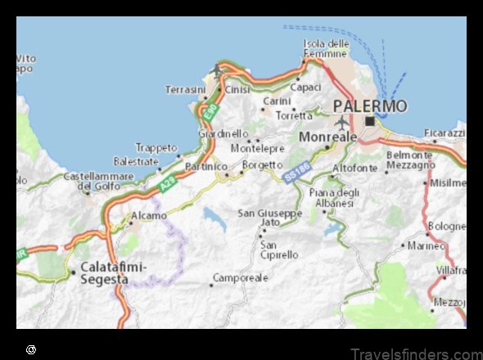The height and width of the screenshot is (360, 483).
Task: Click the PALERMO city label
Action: [x=370, y=106]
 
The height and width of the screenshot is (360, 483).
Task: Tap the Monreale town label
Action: [x=328, y=137]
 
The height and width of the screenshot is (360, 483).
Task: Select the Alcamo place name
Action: [x=149, y=216]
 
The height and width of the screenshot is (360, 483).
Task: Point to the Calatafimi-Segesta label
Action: [x=103, y=272]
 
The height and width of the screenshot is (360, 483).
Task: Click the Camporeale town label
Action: [x=241, y=278]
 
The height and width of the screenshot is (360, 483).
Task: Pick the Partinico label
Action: [x=205, y=166]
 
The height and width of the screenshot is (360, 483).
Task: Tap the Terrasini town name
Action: [x=185, y=88]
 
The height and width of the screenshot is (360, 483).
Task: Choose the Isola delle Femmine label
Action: [x=326, y=48]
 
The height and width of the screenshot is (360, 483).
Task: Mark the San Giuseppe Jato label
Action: [x=269, y=218]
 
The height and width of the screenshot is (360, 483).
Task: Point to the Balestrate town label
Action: [x=136, y=161]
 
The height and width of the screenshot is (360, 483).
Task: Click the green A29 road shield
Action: [x=167, y=187]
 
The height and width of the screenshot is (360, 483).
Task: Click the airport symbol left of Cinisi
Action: [x=217, y=70]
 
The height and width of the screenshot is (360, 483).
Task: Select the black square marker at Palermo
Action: [x=370, y=121]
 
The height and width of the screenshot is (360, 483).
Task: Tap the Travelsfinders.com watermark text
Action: [x=415, y=353]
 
